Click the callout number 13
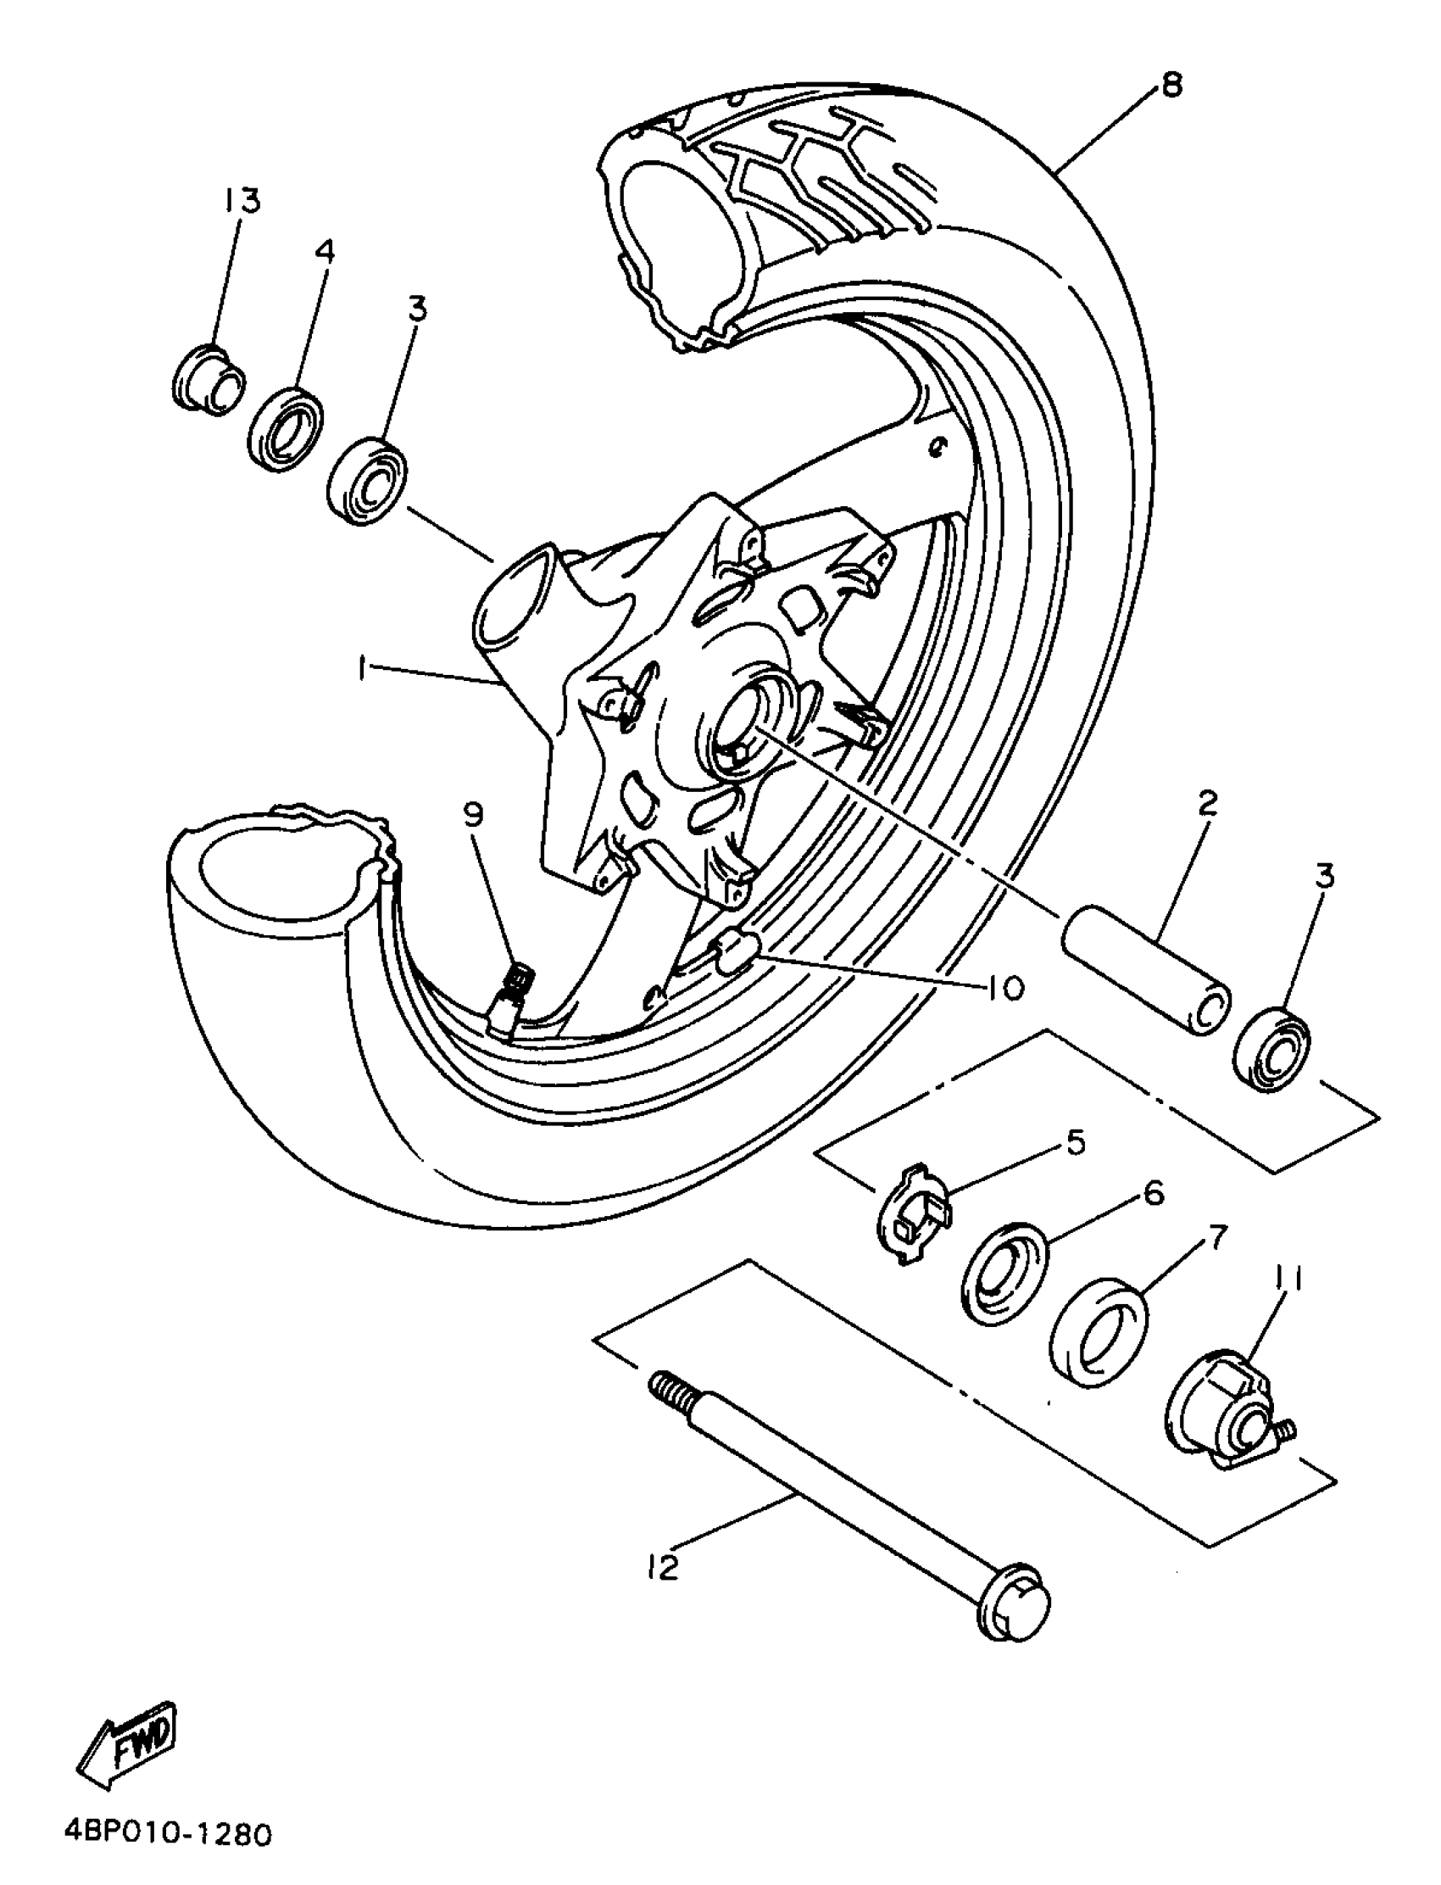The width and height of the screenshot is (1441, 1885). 242,203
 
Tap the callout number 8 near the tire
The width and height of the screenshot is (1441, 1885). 1171,85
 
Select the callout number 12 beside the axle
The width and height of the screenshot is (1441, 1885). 664,1568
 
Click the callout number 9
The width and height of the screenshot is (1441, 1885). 475,815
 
